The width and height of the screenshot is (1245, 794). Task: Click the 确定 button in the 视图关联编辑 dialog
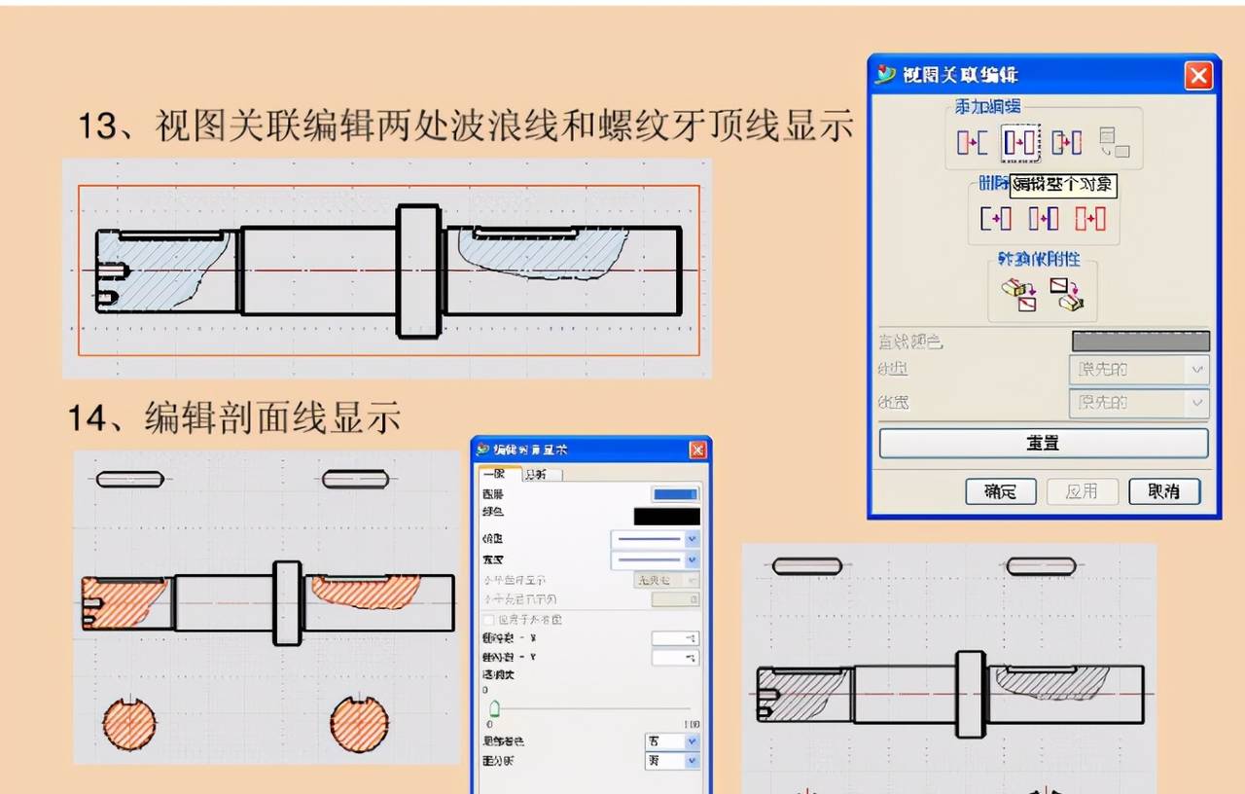point(1000,491)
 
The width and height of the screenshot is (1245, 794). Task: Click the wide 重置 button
point(1043,443)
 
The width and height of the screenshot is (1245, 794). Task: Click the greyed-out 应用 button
point(1082,491)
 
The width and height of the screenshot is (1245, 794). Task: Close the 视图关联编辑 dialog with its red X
point(1198,75)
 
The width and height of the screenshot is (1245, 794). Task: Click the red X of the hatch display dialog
point(696,450)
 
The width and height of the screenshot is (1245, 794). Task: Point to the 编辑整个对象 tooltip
point(1063,185)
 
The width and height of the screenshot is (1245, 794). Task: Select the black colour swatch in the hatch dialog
point(666,516)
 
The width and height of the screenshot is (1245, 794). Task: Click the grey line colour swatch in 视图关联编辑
point(1140,341)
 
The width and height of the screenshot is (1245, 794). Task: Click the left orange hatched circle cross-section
point(129,724)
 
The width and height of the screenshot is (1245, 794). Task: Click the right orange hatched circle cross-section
point(359,724)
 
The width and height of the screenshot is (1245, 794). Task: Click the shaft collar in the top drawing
point(418,271)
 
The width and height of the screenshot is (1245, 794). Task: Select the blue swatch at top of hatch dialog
point(674,494)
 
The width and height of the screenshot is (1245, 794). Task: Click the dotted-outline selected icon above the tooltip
point(1021,143)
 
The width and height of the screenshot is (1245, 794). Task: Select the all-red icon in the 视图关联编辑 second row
point(1090,219)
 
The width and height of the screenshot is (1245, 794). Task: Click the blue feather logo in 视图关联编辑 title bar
point(885,75)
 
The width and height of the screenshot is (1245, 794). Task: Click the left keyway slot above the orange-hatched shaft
point(129,479)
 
